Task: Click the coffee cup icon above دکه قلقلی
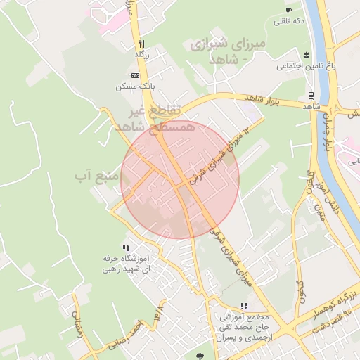point(288,10)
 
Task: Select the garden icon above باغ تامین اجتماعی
point(306,55)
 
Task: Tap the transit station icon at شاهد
point(310,96)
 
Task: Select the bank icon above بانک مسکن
point(135,75)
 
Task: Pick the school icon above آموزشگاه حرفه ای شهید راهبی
point(126,247)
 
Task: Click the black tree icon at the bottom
point(202,356)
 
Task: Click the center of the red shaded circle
point(180,180)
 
